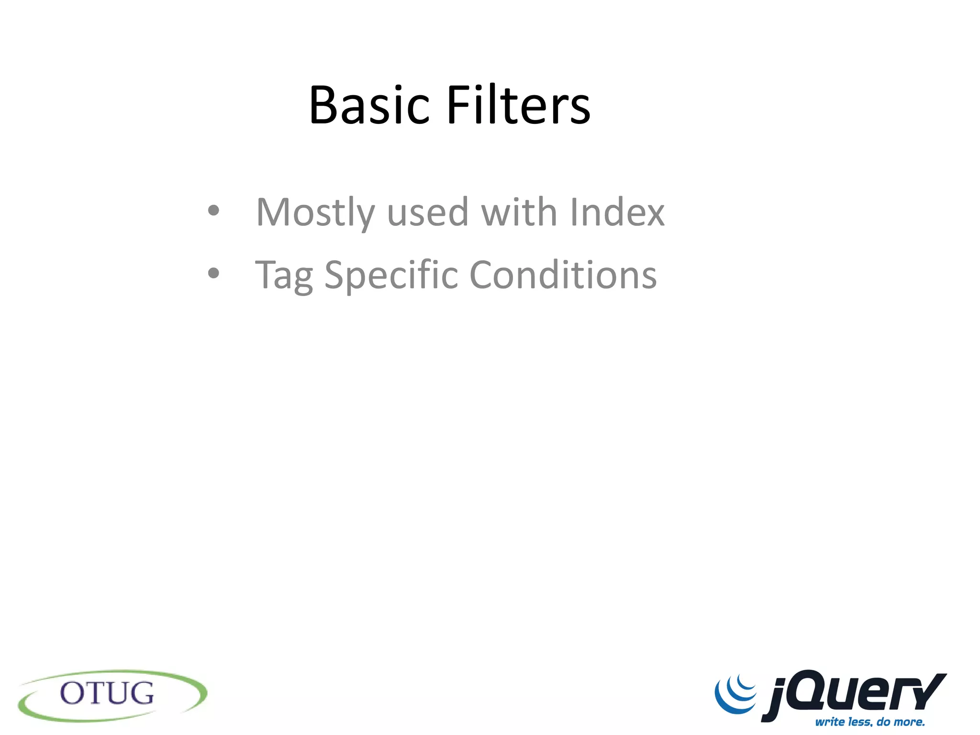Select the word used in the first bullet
coord(427,212)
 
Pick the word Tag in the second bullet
coord(284,276)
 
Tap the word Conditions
coord(563,275)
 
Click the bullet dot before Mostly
coord(213,211)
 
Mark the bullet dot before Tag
coord(213,273)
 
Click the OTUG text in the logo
coord(107,693)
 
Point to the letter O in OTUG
coord(73,693)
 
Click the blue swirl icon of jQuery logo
coord(735,694)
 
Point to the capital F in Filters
coord(458,105)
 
